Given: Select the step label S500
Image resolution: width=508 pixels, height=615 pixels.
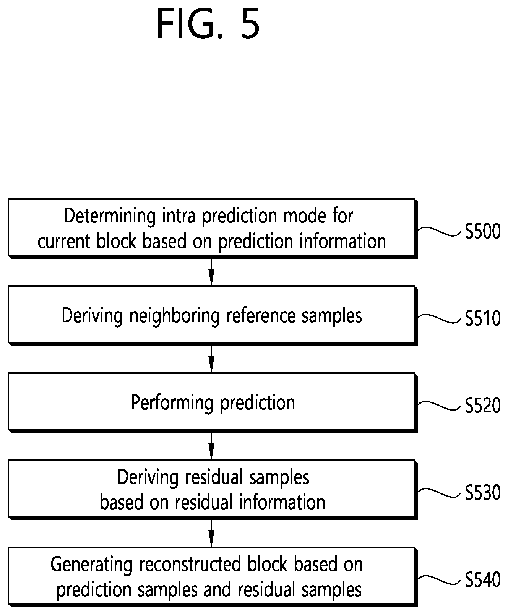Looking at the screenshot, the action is point(482,232).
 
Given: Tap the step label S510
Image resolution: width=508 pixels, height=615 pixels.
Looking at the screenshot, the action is point(482,319).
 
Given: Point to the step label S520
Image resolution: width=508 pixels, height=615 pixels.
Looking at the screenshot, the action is point(482,406).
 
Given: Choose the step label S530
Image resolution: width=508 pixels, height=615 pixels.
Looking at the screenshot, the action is point(482,493).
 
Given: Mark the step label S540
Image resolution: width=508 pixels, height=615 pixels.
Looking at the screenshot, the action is point(482,580).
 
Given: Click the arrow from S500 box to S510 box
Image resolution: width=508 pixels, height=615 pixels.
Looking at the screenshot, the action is point(211,271).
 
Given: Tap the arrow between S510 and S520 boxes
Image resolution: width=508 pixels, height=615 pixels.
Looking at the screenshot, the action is point(211,359).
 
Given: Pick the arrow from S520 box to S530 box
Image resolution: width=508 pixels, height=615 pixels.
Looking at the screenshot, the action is point(211,446).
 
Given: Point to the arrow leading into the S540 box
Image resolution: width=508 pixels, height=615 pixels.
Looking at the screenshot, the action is point(211,533).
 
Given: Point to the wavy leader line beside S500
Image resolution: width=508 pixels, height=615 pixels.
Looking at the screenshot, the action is point(440,231).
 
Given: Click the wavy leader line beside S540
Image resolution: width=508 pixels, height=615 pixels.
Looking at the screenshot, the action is point(440,580).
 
